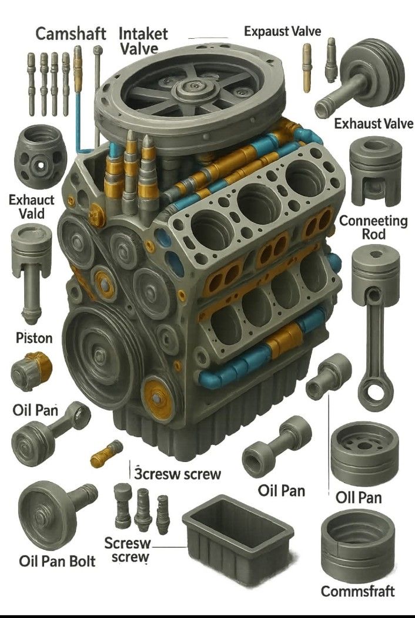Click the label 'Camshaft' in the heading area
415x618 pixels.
tap(71, 33)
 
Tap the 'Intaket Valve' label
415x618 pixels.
tap(143, 40)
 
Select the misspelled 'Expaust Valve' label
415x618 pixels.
tap(282, 31)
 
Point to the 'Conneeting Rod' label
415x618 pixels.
tap(373, 227)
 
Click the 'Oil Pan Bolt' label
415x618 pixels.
tap(57, 561)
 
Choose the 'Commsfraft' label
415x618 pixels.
tap(358, 591)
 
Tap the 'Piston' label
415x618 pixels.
tap(34, 338)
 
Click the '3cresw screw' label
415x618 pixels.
tap(178, 474)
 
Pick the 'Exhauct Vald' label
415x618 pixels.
tap(32, 207)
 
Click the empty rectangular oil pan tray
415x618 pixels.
tap(237, 534)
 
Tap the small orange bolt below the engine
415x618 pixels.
tap(106, 454)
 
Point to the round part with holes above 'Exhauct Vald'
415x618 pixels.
tap(41, 157)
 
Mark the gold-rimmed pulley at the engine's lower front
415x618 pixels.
tap(158, 399)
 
